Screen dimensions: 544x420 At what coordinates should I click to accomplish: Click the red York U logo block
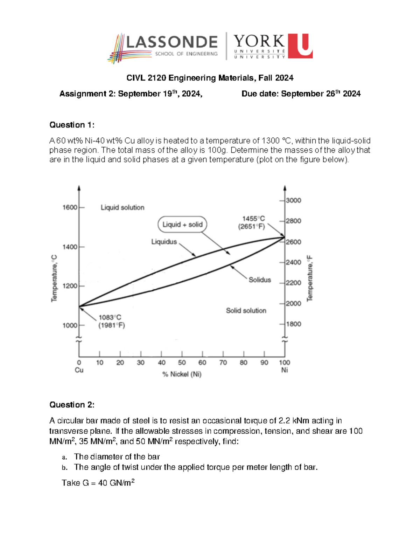300,46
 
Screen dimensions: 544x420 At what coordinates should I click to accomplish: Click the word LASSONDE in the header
171,42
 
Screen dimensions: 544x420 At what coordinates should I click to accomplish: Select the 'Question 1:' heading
72,125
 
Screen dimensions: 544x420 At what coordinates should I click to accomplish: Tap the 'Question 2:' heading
72,405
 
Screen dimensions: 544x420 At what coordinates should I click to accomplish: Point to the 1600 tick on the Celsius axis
70,207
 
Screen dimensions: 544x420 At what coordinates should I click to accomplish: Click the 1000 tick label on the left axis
70,325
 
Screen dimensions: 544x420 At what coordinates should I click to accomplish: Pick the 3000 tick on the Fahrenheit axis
293,200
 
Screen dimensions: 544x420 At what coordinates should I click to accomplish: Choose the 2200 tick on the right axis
293,283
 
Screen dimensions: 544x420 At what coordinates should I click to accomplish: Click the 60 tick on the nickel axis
202,363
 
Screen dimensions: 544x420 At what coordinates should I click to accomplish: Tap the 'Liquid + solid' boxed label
182,225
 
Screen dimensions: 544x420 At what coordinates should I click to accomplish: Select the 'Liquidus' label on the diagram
164,242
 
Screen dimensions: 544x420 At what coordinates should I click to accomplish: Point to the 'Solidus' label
260,280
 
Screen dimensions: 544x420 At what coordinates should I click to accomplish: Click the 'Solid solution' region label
246,310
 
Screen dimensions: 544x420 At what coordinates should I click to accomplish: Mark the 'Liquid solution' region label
122,207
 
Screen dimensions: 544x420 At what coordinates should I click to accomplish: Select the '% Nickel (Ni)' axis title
182,374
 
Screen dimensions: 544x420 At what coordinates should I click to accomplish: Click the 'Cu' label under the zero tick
79,370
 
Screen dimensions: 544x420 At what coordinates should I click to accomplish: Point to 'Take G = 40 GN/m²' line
98,483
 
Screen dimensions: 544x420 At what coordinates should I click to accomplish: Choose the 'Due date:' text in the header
260,94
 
